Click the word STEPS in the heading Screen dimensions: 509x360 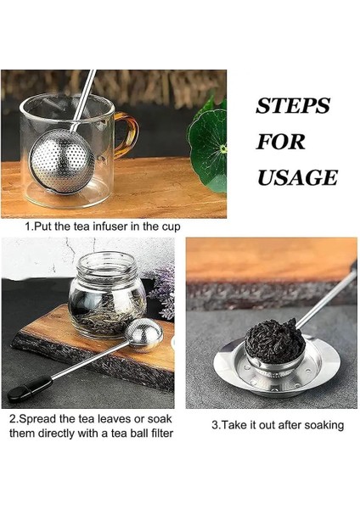point(292,106)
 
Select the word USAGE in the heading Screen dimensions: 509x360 point(296,177)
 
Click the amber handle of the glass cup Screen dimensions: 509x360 point(125,136)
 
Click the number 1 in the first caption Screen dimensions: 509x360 point(28,227)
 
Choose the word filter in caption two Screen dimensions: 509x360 point(155,433)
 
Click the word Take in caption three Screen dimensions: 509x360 point(236,424)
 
